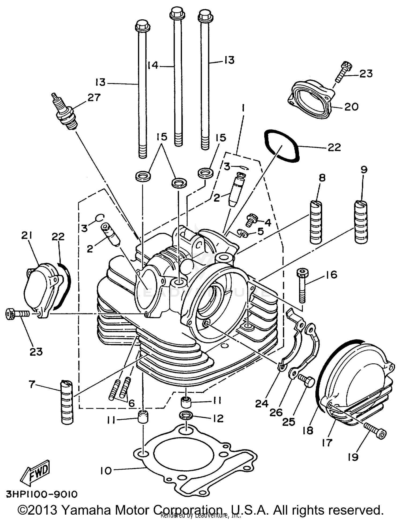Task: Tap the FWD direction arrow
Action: pos(35,471)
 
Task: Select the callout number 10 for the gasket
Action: pos(106,471)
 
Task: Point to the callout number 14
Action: pos(153,65)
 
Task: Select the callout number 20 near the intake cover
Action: pos(351,107)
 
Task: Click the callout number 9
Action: pos(364,169)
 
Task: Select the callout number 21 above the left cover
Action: pos(27,235)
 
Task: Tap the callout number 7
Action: pos(32,385)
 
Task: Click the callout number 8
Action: pos(322,178)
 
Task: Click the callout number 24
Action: pos(262,404)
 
